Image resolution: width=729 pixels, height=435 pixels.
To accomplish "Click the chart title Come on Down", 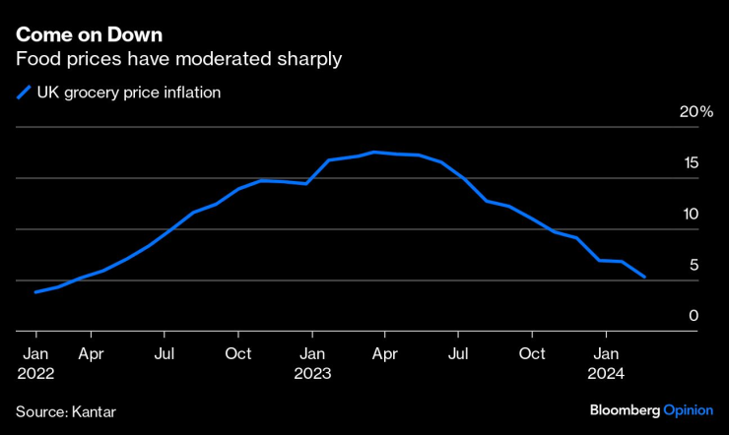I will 87,34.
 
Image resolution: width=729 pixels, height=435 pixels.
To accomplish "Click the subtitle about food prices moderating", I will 178,60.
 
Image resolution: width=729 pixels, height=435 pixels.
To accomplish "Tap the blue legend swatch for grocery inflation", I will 23,94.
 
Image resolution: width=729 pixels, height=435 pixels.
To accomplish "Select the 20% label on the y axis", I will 696,112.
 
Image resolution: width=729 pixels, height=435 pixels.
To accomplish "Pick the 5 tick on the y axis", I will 695,266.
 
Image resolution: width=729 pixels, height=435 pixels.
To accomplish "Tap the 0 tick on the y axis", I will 695,316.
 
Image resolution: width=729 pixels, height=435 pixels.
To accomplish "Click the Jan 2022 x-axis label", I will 34,363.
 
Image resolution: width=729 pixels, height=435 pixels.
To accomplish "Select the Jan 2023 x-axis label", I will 311,363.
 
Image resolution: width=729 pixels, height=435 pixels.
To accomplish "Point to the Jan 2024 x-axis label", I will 607,363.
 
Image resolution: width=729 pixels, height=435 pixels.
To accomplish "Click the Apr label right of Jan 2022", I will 91,353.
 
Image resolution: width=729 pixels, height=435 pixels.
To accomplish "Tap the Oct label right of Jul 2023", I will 533,353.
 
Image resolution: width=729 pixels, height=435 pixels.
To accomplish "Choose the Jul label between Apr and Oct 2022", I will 165,353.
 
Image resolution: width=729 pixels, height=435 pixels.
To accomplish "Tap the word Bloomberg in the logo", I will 625,408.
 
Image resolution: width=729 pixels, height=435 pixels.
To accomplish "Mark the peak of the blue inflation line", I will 373,152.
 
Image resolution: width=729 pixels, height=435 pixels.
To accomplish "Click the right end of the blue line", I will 644,278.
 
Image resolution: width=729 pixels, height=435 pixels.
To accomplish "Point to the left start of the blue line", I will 35,291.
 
